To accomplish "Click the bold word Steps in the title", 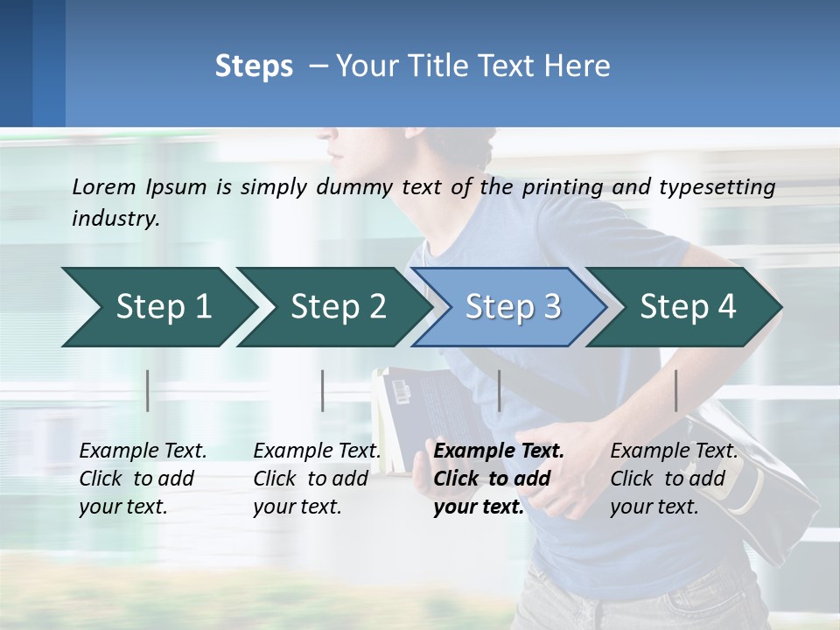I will pyautogui.click(x=254, y=66).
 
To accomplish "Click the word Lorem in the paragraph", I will pyautogui.click(x=105, y=186).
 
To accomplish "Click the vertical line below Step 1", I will pyautogui.click(x=148, y=390).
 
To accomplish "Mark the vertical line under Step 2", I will pyautogui.click(x=323, y=390).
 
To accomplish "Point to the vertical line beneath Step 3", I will pyautogui.click(x=500, y=390).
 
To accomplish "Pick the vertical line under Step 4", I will pyautogui.click(x=675, y=390).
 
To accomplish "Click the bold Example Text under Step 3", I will pyautogui.click(x=499, y=451).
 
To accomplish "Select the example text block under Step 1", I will pyautogui.click(x=142, y=479).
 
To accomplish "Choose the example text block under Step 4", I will pyautogui.click(x=673, y=479).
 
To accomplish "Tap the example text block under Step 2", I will pyautogui.click(x=316, y=479).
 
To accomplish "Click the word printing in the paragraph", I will pyautogui.click(x=562, y=187).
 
